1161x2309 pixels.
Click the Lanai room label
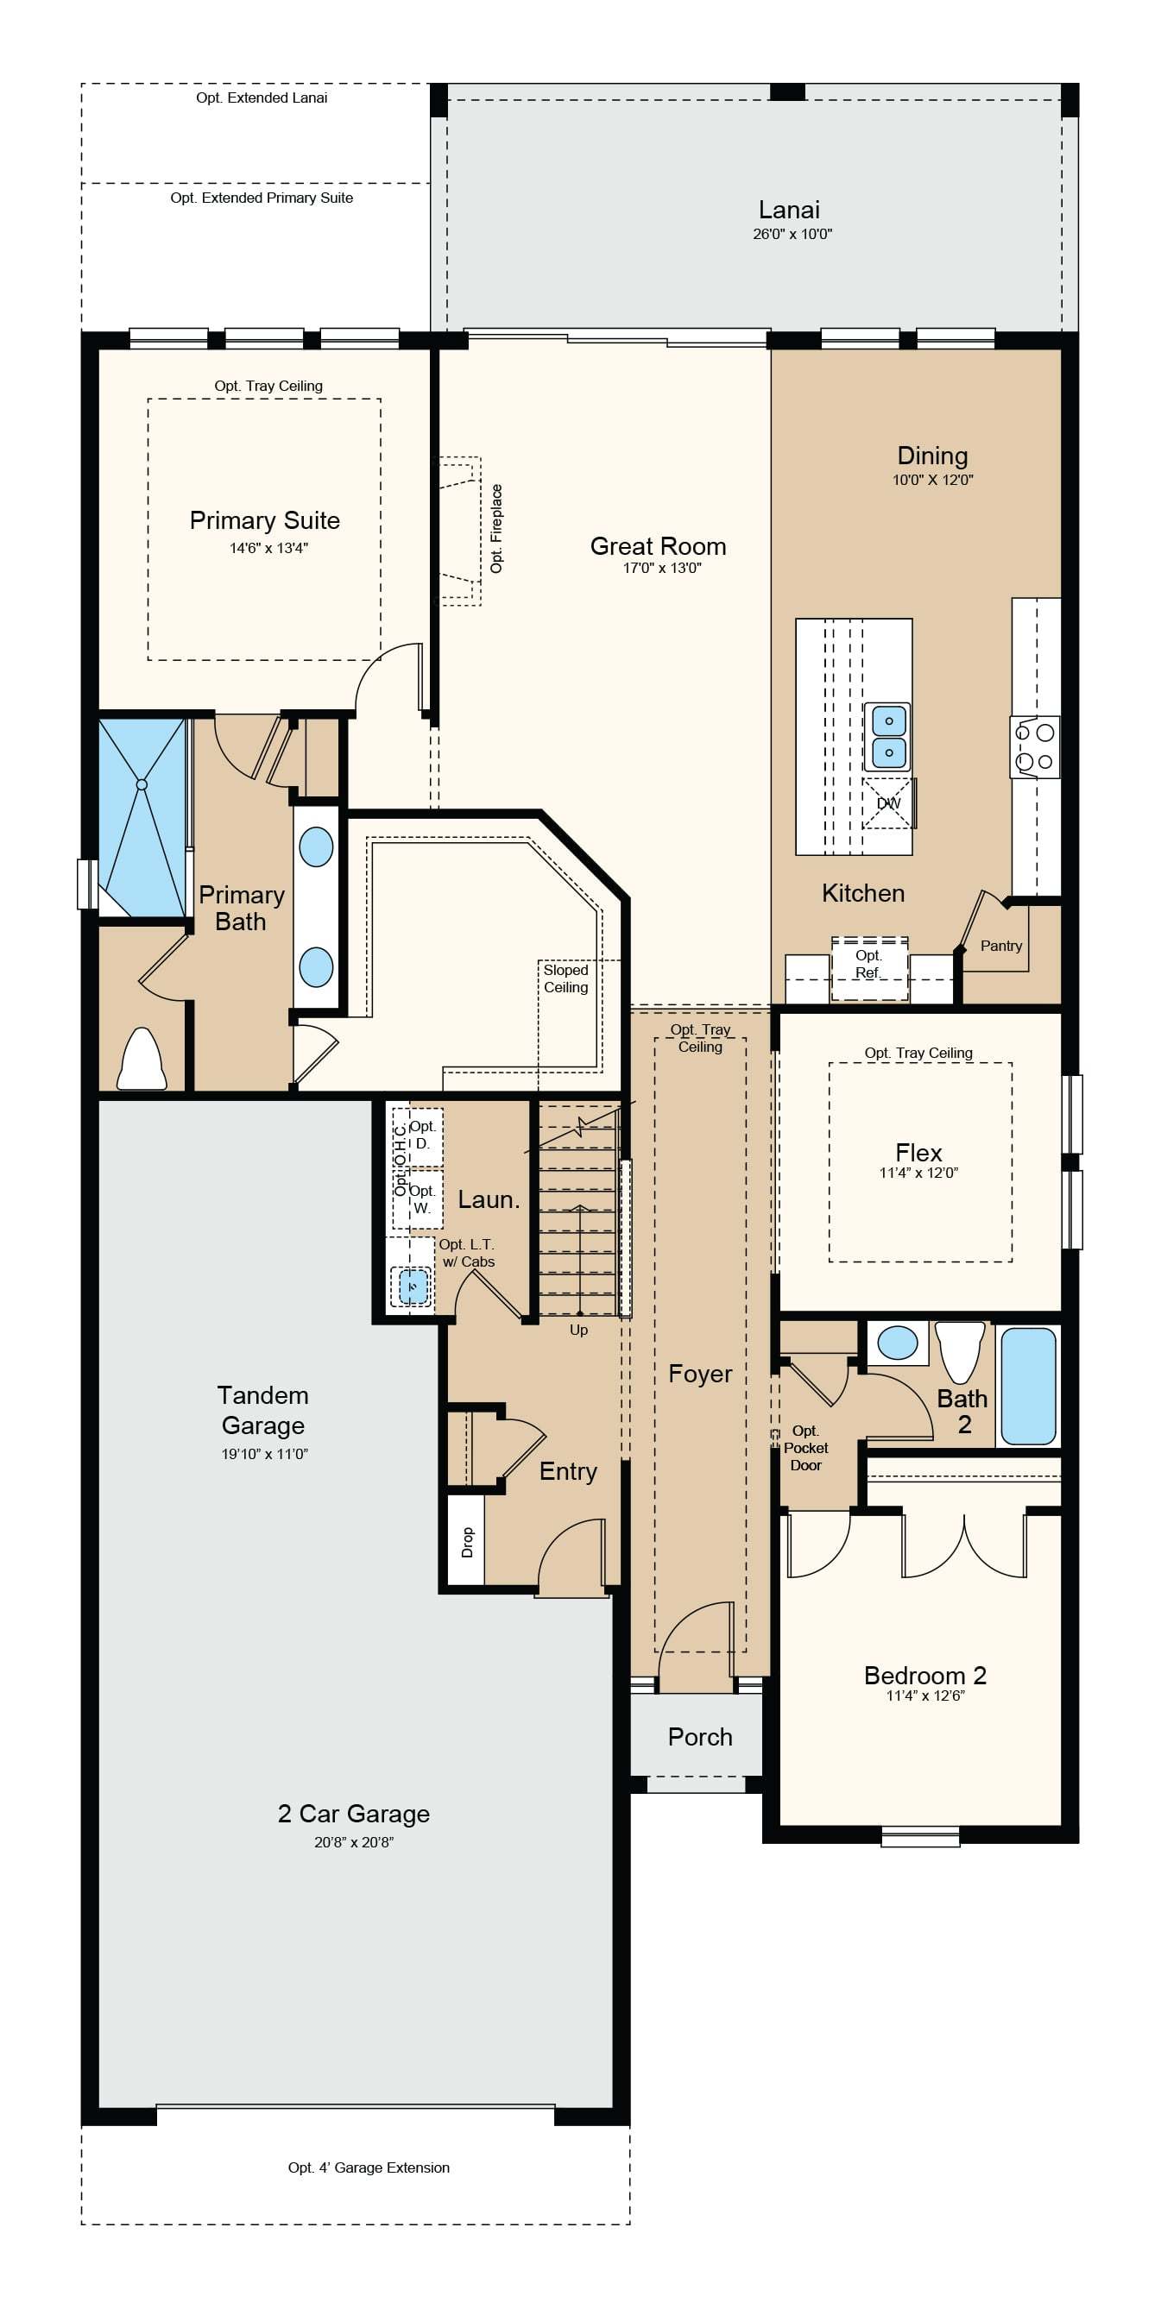789,210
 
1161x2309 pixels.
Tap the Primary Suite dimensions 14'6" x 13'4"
269,548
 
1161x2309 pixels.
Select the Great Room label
658,546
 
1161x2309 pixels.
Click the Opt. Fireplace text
496,529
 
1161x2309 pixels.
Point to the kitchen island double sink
887,737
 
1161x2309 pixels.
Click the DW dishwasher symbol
888,803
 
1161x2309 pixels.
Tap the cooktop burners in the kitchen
1035,746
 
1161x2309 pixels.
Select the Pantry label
1000,946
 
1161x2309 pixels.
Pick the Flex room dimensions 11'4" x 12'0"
919,1173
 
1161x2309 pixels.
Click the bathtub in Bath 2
1028,1386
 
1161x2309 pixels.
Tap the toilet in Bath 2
960,1353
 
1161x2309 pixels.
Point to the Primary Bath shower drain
142,784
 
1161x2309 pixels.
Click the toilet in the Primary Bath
142,1059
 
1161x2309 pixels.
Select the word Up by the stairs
579,1331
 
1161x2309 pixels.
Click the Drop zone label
467,1543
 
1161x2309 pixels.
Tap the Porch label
700,1737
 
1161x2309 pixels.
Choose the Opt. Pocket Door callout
806,1448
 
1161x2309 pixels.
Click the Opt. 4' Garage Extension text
369,2167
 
